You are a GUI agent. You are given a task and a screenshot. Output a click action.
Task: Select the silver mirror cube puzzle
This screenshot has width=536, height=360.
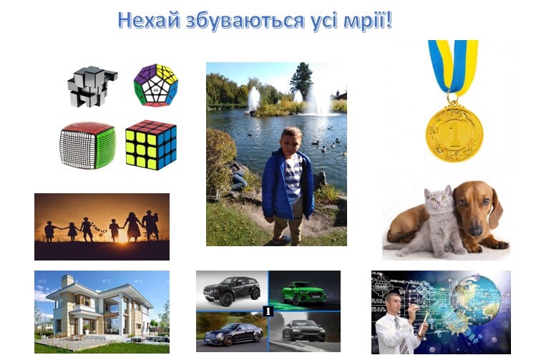point(92,86)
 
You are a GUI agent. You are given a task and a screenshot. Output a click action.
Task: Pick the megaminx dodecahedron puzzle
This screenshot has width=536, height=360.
point(156,85)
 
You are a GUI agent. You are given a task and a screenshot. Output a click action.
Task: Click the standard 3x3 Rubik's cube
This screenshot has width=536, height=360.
point(151,145)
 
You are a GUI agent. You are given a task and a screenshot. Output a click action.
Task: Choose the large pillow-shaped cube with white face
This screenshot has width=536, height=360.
point(87,145)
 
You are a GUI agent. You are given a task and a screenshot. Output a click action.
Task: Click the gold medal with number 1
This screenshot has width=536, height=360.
point(454,132)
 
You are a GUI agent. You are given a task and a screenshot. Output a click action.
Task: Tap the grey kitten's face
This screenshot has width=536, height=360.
point(438,200)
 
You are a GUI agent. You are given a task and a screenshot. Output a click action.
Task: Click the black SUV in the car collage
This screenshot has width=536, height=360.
point(232,291)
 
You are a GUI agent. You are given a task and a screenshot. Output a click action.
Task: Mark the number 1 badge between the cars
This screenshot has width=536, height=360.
point(268,311)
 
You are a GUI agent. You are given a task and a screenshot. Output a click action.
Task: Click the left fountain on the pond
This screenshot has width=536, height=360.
point(253,99)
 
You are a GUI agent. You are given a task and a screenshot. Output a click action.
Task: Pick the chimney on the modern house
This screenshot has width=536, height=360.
point(68,281)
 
